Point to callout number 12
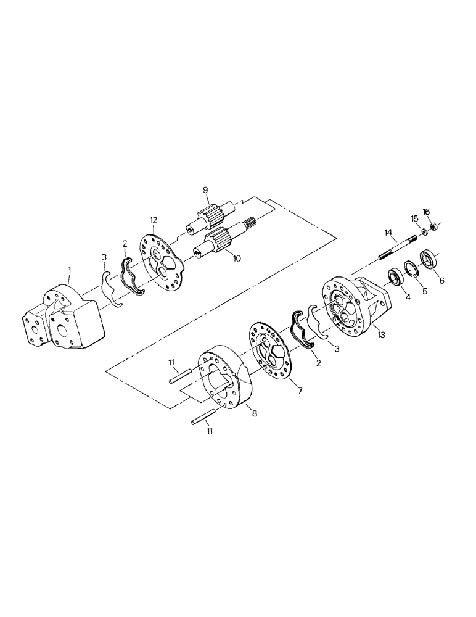tap(154, 220)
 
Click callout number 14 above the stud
tap(388, 233)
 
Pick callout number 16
tap(426, 212)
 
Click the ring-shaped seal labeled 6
tap(429, 258)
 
